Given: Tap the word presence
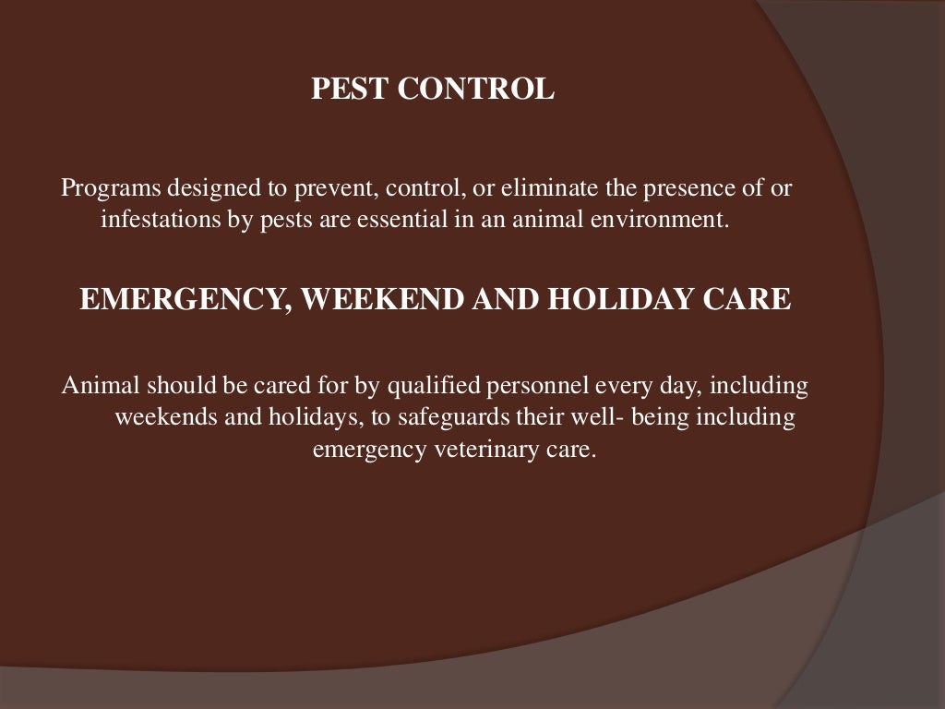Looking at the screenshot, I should pyautogui.click(x=652, y=189).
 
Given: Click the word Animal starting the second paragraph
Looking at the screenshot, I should pyautogui.click(x=98, y=386).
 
